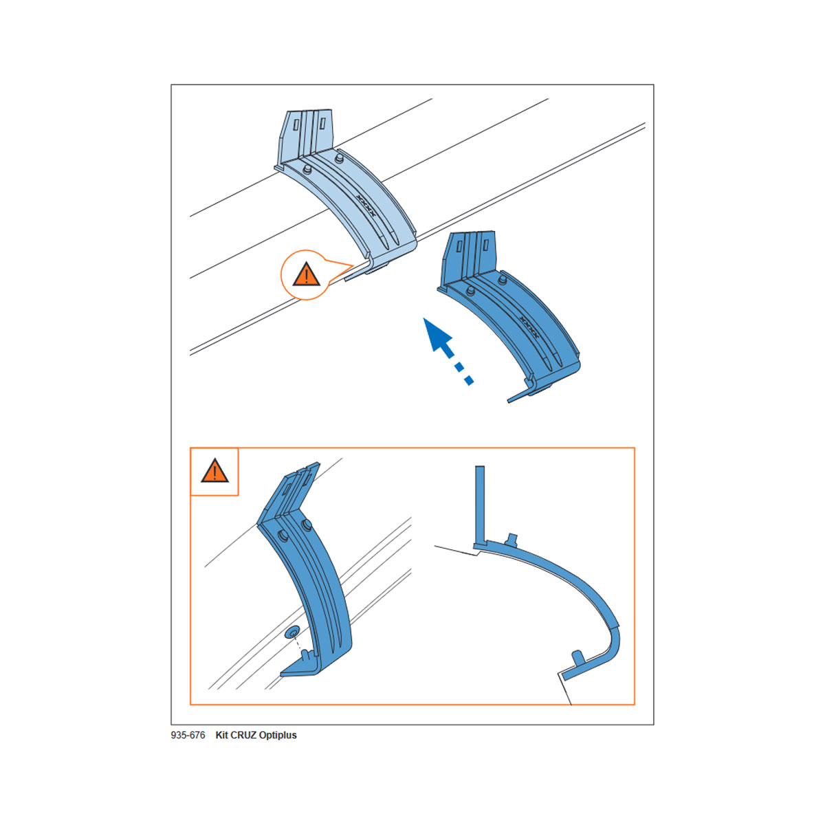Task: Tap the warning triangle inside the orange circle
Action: pyautogui.click(x=306, y=274)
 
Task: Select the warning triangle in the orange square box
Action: pyautogui.click(x=214, y=471)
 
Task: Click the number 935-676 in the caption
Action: pyautogui.click(x=188, y=735)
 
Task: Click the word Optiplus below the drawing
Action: pyautogui.click(x=280, y=735)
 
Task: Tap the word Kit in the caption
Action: pyautogui.click(x=222, y=735)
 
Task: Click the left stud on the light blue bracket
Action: pyautogui.click(x=307, y=170)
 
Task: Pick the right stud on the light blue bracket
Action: pyautogui.click(x=340, y=159)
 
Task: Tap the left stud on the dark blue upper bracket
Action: pyautogui.click(x=470, y=291)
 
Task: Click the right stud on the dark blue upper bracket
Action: pyautogui.click(x=503, y=280)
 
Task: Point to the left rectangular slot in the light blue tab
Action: pyautogui.click(x=296, y=125)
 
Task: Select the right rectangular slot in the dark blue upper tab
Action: pyautogui.click(x=485, y=245)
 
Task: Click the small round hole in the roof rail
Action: pyautogui.click(x=294, y=632)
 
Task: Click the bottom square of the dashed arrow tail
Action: pyautogui.click(x=469, y=380)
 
